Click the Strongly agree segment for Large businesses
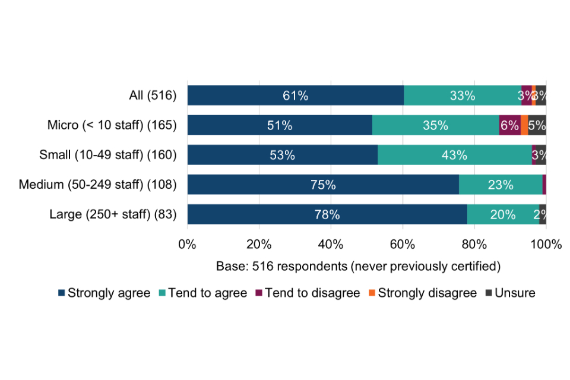(x=327, y=214)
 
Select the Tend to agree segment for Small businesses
(x=454, y=155)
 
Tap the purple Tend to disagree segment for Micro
(x=509, y=125)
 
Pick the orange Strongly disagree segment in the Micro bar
(x=524, y=125)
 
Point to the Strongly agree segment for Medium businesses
(x=323, y=185)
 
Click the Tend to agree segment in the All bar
(x=463, y=96)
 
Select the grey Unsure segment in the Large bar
(x=543, y=214)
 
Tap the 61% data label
(x=295, y=96)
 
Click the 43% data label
(x=454, y=155)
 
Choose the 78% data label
(x=327, y=214)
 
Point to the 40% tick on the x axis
(x=331, y=244)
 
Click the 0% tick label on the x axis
(x=188, y=244)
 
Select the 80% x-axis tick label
(x=474, y=244)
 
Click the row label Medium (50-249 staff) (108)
(x=98, y=185)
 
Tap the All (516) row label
(x=153, y=96)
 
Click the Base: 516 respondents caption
(x=358, y=265)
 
